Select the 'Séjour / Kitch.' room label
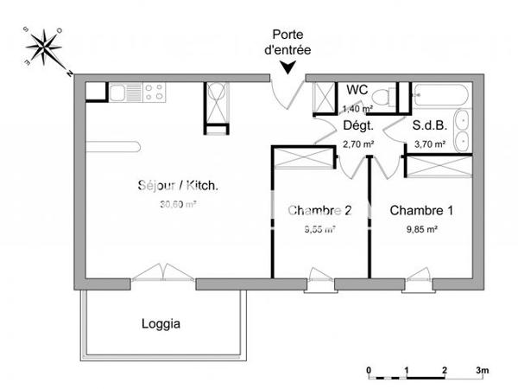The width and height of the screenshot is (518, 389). [x=178, y=186]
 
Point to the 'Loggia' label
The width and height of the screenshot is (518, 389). [x=161, y=325]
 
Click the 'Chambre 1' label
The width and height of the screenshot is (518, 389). [x=421, y=210]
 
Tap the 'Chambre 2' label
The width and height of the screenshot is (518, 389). [x=319, y=210]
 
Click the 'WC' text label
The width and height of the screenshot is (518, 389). [x=357, y=91]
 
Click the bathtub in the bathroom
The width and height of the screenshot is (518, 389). [x=440, y=95]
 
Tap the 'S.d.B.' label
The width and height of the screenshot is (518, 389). [x=428, y=125]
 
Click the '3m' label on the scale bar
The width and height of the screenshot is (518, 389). [x=482, y=370]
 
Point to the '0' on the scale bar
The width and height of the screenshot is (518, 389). [x=369, y=370]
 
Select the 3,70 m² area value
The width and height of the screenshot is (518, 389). [x=429, y=144]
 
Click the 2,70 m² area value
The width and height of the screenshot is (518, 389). [x=358, y=144]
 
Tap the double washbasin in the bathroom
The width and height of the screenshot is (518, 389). [x=463, y=129]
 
